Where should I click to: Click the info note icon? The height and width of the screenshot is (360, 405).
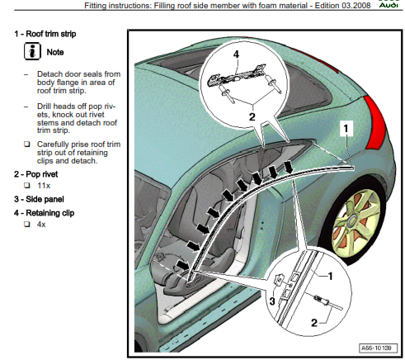tap(32, 51)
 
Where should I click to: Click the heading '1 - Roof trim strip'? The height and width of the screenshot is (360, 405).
tap(45, 34)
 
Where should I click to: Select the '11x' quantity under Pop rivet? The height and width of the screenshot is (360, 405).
tap(44, 186)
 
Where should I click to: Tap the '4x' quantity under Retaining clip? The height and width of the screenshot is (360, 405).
tap(41, 225)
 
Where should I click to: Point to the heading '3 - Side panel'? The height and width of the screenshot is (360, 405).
tap(39, 199)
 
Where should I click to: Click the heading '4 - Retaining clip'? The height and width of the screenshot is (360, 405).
tap(45, 213)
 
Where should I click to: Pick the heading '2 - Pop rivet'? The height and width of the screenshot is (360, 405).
tap(36, 174)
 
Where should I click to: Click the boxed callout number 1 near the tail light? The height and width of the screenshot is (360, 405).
tap(346, 128)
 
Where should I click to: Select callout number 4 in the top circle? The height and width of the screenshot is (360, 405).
tap(236, 54)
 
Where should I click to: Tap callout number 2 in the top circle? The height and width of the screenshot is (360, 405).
tap(252, 117)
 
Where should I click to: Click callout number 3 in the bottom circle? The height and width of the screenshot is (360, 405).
tap(272, 301)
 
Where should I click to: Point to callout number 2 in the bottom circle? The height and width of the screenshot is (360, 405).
tap(314, 323)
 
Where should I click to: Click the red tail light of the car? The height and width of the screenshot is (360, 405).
tap(375, 122)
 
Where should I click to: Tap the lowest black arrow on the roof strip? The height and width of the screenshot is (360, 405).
tap(183, 265)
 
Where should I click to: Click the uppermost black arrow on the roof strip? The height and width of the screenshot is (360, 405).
tap(288, 168)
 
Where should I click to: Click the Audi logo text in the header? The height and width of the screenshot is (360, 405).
tap(389, 5)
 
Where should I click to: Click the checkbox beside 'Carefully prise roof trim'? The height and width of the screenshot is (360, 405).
tap(27, 144)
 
